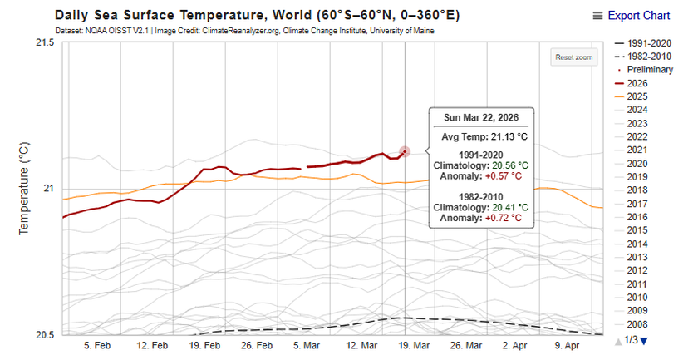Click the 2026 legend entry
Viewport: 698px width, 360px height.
[637, 83]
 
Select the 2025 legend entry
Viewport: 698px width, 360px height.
[637, 96]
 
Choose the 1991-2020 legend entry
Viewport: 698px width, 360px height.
[648, 43]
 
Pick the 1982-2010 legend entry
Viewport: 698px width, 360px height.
[648, 57]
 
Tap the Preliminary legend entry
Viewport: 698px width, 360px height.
[650, 70]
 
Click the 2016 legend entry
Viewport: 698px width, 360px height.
[637, 217]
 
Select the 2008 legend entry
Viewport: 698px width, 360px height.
[637, 324]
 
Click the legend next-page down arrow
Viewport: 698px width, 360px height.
[643, 341]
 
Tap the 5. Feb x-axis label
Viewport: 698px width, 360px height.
[97, 345]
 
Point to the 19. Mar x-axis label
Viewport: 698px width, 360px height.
[414, 345]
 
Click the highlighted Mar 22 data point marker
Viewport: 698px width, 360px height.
[405, 152]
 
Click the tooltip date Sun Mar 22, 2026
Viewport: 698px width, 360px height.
[482, 117]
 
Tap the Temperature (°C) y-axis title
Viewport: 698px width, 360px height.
[24, 187]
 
